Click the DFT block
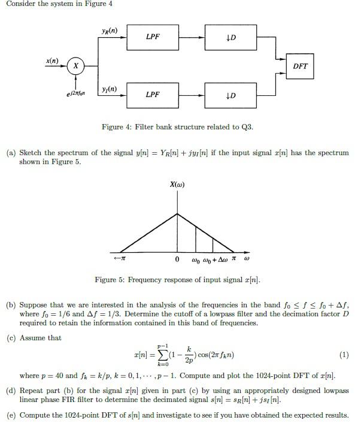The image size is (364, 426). pos(301,67)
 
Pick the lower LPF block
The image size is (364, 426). pos(153,95)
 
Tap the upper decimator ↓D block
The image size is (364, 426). pos(231,38)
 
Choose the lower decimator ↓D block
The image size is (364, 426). pos(231,95)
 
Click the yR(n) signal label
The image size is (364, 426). pos(110,31)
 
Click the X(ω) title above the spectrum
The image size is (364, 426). pos(177,185)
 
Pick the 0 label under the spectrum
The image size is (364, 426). pos(177,259)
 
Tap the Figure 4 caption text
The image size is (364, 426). pos(181,126)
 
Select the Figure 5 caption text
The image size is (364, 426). pos(177,280)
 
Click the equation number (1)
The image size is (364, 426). pos(343,355)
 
